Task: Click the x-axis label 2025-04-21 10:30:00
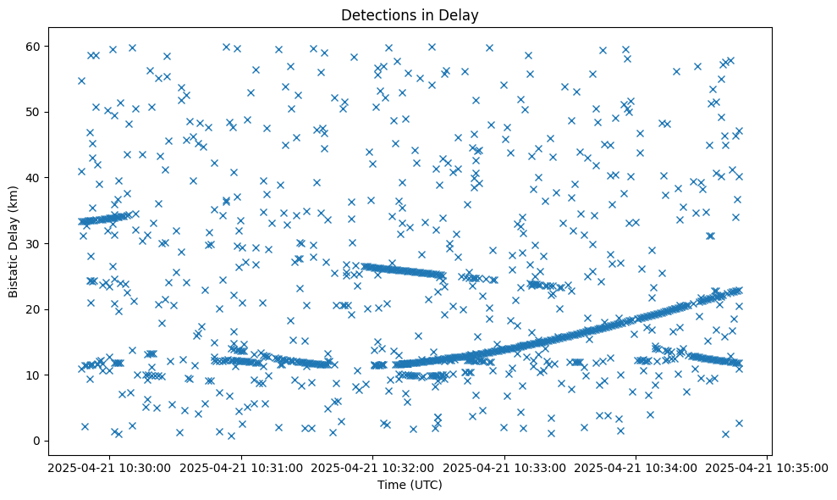(x=111, y=467)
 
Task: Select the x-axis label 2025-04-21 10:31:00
(x=242, y=467)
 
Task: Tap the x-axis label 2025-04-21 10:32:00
(x=373, y=467)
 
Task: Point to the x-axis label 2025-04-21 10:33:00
(x=505, y=467)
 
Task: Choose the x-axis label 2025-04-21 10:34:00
(x=636, y=467)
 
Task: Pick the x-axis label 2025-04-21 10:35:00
(x=768, y=467)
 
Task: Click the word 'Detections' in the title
(x=374, y=14)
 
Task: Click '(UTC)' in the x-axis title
(x=427, y=485)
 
